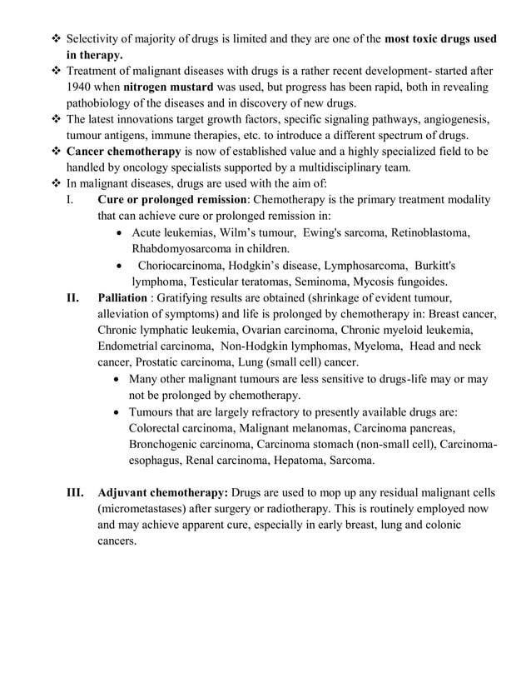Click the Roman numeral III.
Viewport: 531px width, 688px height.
(74, 491)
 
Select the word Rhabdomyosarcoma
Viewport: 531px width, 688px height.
(183, 247)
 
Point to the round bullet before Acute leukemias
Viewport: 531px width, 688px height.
(122, 232)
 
